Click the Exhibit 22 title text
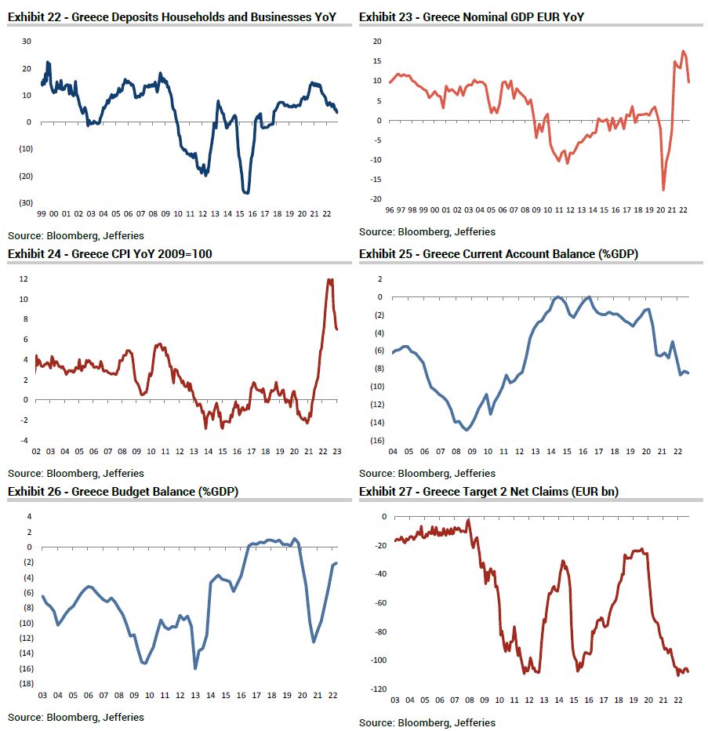point(177,16)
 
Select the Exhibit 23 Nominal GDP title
point(471,16)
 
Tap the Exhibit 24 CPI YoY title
point(110,253)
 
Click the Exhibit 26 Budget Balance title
point(123,491)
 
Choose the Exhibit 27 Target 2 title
point(488,491)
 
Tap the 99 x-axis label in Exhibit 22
point(41,213)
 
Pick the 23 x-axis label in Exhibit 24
point(337,452)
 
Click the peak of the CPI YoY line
point(330,280)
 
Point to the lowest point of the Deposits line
point(246,192)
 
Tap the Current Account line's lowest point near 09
point(467,430)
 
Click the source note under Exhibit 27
point(427,722)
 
